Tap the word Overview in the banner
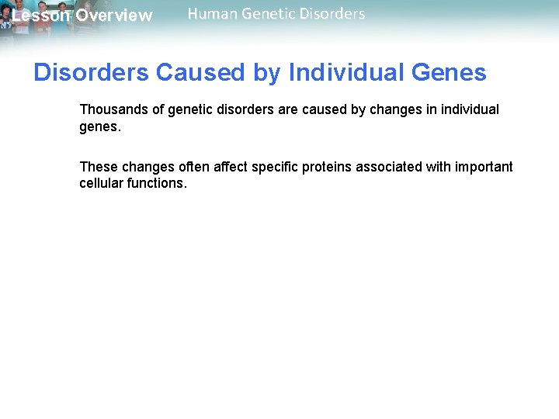pyautogui.click(x=114, y=16)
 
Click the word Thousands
pyautogui.click(x=113, y=109)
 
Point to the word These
pyautogui.click(x=98, y=167)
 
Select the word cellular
pyautogui.click(x=100, y=184)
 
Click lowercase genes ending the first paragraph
pyautogui.click(x=99, y=126)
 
